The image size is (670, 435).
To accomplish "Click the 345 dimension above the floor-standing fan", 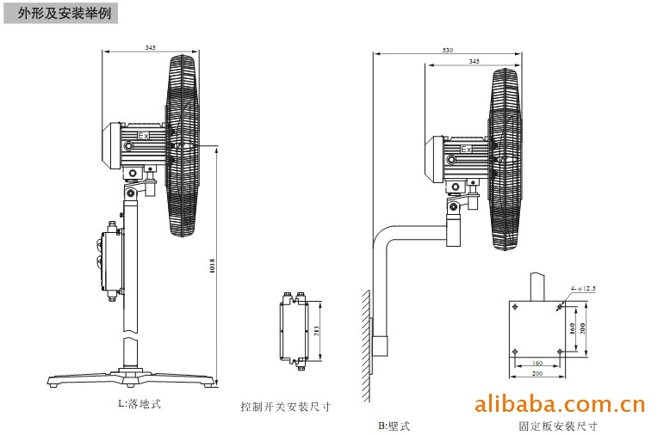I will (x=151, y=47).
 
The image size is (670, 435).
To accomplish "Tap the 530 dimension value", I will (x=447, y=51).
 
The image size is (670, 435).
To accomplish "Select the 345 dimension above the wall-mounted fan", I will (x=475, y=62).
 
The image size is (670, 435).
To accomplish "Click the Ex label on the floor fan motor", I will (x=144, y=135).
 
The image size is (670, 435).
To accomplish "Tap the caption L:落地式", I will (x=140, y=401).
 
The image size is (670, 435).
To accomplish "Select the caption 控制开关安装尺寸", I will (x=285, y=407).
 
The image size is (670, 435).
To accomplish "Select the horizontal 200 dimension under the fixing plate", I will (x=537, y=374).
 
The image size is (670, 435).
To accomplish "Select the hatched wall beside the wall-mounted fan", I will (x=365, y=344).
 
